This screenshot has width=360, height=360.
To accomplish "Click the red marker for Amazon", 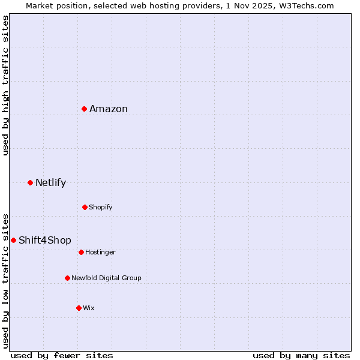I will [x=85, y=109].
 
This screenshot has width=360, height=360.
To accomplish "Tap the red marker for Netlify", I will [x=30, y=182].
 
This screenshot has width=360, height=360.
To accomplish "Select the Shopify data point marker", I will [x=85, y=207].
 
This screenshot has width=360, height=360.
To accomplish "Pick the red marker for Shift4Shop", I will [x=13, y=240].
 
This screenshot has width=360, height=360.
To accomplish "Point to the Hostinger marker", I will [x=81, y=252].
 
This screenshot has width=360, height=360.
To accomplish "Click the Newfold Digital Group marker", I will [x=67, y=278].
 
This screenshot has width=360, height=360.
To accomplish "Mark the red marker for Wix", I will [x=79, y=308].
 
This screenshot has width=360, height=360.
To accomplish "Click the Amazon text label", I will [x=109, y=109].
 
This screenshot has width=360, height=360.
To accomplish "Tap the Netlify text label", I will [x=50, y=182].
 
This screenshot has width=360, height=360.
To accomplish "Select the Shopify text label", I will [x=100, y=207].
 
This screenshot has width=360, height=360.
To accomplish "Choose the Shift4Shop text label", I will [x=45, y=240].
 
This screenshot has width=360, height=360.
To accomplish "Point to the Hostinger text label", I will [x=100, y=252].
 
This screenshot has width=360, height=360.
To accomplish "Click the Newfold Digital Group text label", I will [x=106, y=278].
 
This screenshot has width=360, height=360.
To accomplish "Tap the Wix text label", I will [x=89, y=308].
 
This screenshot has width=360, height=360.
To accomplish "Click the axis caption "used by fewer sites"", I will [x=62, y=355].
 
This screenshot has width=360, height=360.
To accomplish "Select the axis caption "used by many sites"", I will [x=301, y=355].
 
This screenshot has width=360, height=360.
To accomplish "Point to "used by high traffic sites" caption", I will [x=5, y=85].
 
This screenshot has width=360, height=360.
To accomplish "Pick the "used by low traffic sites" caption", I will [x=5, y=280].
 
